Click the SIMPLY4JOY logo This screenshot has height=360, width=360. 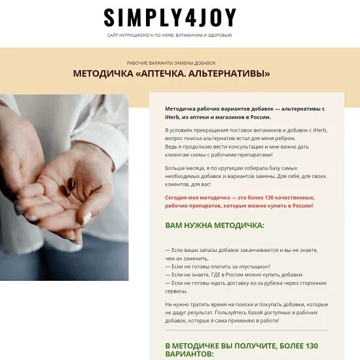170,17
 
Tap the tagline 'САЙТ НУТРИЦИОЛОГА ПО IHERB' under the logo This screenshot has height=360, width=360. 170,35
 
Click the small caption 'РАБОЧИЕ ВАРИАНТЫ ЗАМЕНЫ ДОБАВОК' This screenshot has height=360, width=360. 171,63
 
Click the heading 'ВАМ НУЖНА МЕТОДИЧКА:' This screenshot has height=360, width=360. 214,225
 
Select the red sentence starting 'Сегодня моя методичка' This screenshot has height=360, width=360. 240,201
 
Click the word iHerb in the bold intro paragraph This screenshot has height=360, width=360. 173,116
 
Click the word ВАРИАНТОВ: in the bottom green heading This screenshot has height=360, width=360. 189,353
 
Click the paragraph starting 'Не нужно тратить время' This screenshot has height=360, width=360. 246,312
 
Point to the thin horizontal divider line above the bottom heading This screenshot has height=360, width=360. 246,330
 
